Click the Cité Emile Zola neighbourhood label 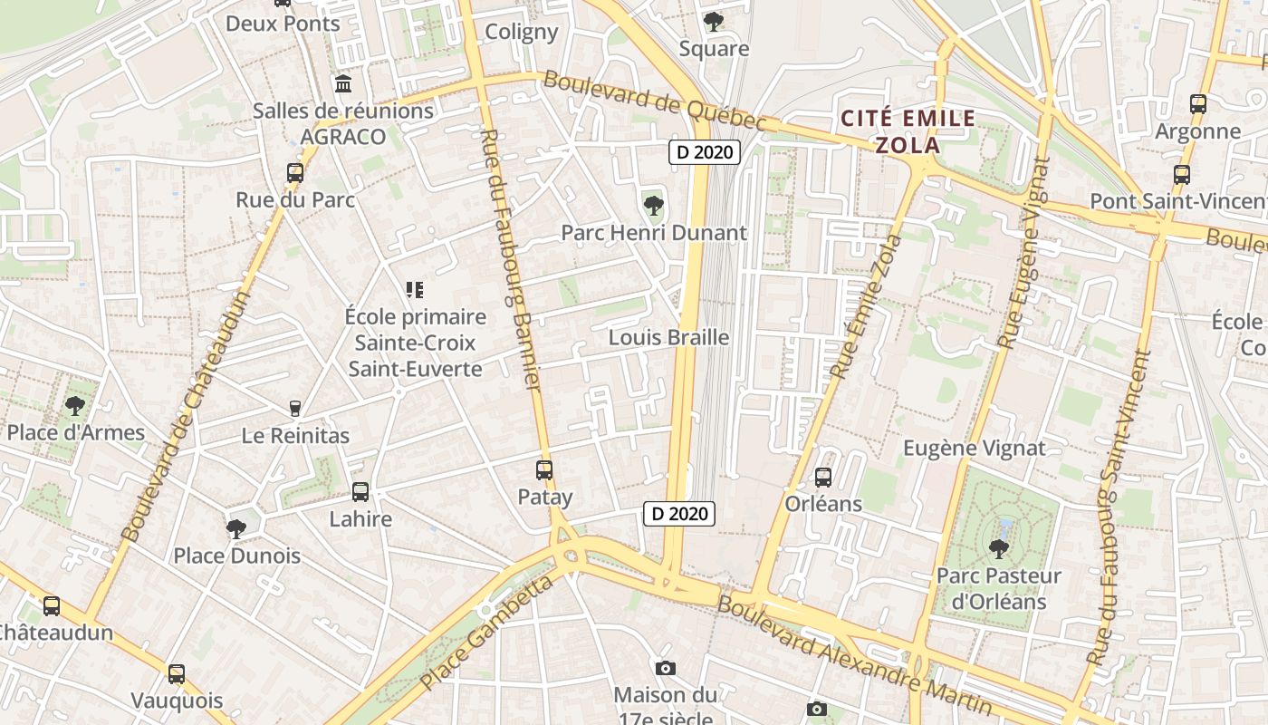pyautogui.click(x=908, y=131)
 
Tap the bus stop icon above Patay pyautogui.click(x=544, y=470)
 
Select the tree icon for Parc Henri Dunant pyautogui.click(x=653, y=206)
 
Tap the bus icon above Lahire pyautogui.click(x=360, y=492)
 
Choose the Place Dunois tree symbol pyautogui.click(x=236, y=528)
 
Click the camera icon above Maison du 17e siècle pyautogui.click(x=666, y=668)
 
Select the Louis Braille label pyautogui.click(x=668, y=338)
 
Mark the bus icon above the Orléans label pyautogui.click(x=823, y=477)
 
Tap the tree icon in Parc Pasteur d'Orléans pyautogui.click(x=998, y=548)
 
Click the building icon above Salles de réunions pyautogui.click(x=343, y=84)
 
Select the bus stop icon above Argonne pyautogui.click(x=1198, y=104)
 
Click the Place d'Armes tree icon pyautogui.click(x=75, y=405)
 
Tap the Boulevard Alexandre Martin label pyautogui.click(x=855, y=652)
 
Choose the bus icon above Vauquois pyautogui.click(x=177, y=673)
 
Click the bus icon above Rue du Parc pyautogui.click(x=295, y=172)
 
